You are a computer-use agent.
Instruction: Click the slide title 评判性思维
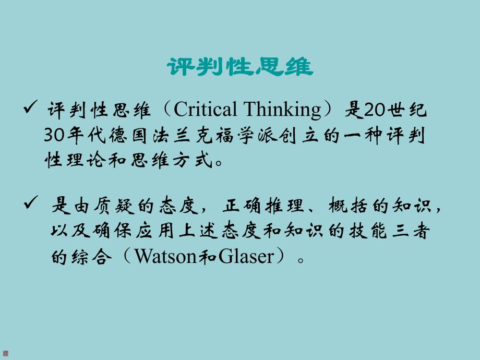(x=240, y=67)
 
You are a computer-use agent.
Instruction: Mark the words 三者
(x=412, y=231)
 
